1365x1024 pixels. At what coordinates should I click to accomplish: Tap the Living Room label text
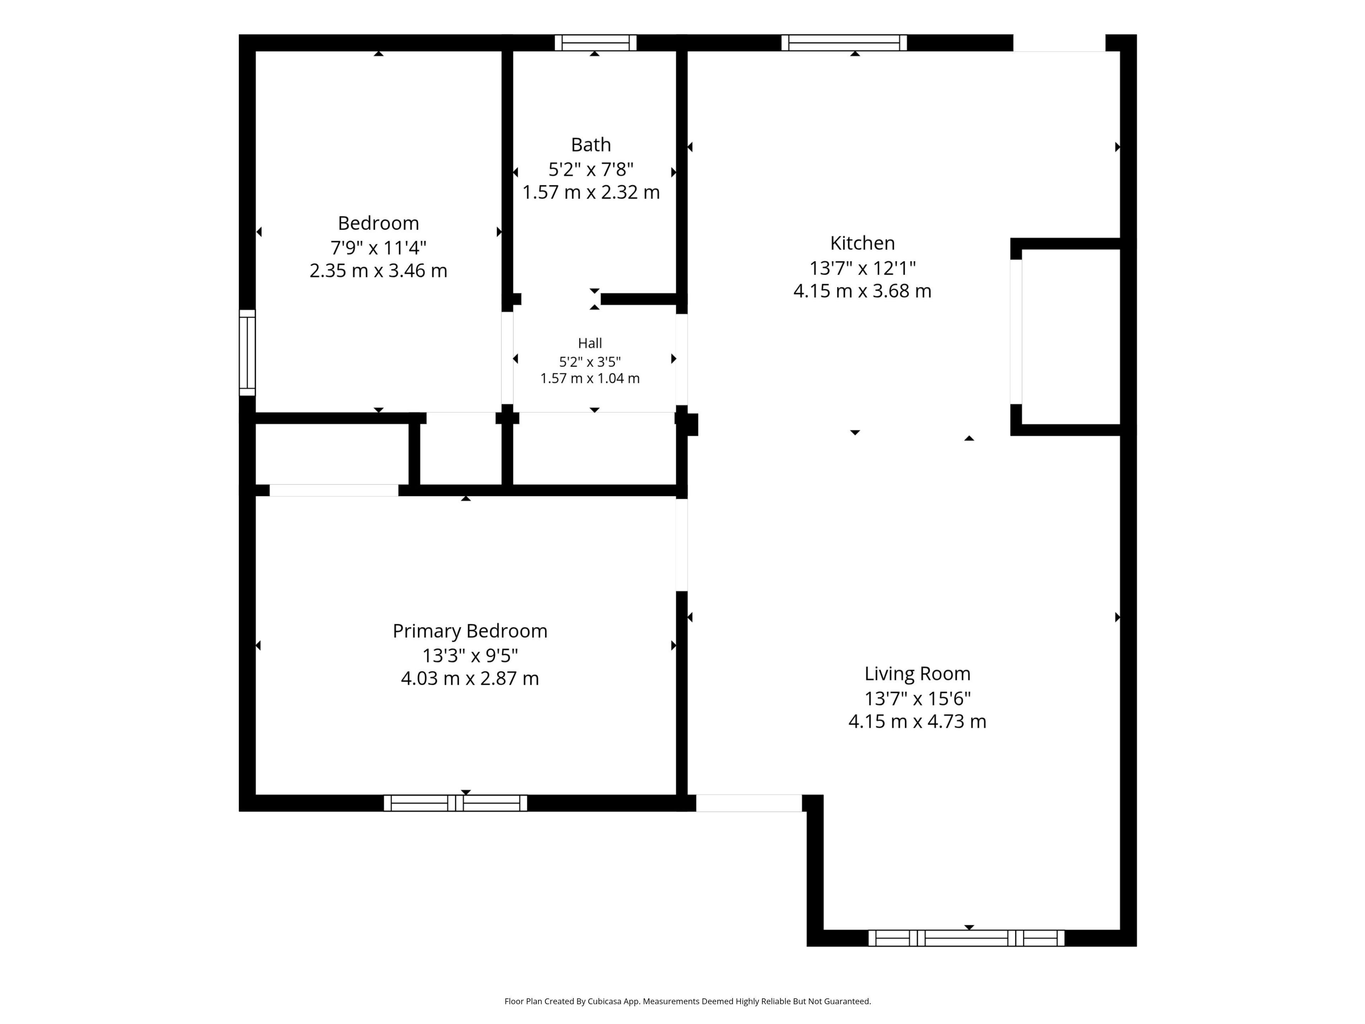pyautogui.click(x=917, y=673)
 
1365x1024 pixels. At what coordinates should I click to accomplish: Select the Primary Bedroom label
pyautogui.click(x=470, y=631)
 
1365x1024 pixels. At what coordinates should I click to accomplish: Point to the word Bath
pyautogui.click(x=590, y=144)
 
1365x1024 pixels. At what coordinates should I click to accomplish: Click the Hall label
pyautogui.click(x=590, y=343)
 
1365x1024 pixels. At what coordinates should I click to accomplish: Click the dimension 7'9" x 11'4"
pyautogui.click(x=378, y=247)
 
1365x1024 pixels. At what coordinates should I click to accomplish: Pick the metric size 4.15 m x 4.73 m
pyautogui.click(x=917, y=721)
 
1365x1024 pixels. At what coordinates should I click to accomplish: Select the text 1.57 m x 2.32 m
pyautogui.click(x=590, y=192)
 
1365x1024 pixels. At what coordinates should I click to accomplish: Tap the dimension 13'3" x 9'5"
pyautogui.click(x=470, y=655)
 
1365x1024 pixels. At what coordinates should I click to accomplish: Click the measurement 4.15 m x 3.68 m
pyautogui.click(x=862, y=291)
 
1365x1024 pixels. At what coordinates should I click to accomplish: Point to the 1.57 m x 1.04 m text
pyautogui.click(x=590, y=378)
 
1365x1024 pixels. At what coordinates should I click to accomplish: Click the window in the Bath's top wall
pyautogui.click(x=595, y=43)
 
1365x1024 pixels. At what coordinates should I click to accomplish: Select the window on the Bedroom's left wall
pyautogui.click(x=247, y=352)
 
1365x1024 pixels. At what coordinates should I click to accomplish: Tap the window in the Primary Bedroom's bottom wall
pyautogui.click(x=455, y=803)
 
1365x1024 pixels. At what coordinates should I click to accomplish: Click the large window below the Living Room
pyautogui.click(x=967, y=938)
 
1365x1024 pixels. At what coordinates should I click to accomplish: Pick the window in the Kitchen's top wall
pyautogui.click(x=844, y=43)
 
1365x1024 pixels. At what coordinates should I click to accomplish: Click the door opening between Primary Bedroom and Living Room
pyautogui.click(x=681, y=544)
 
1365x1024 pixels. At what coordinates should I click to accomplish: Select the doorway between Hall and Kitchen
pyautogui.click(x=681, y=359)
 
